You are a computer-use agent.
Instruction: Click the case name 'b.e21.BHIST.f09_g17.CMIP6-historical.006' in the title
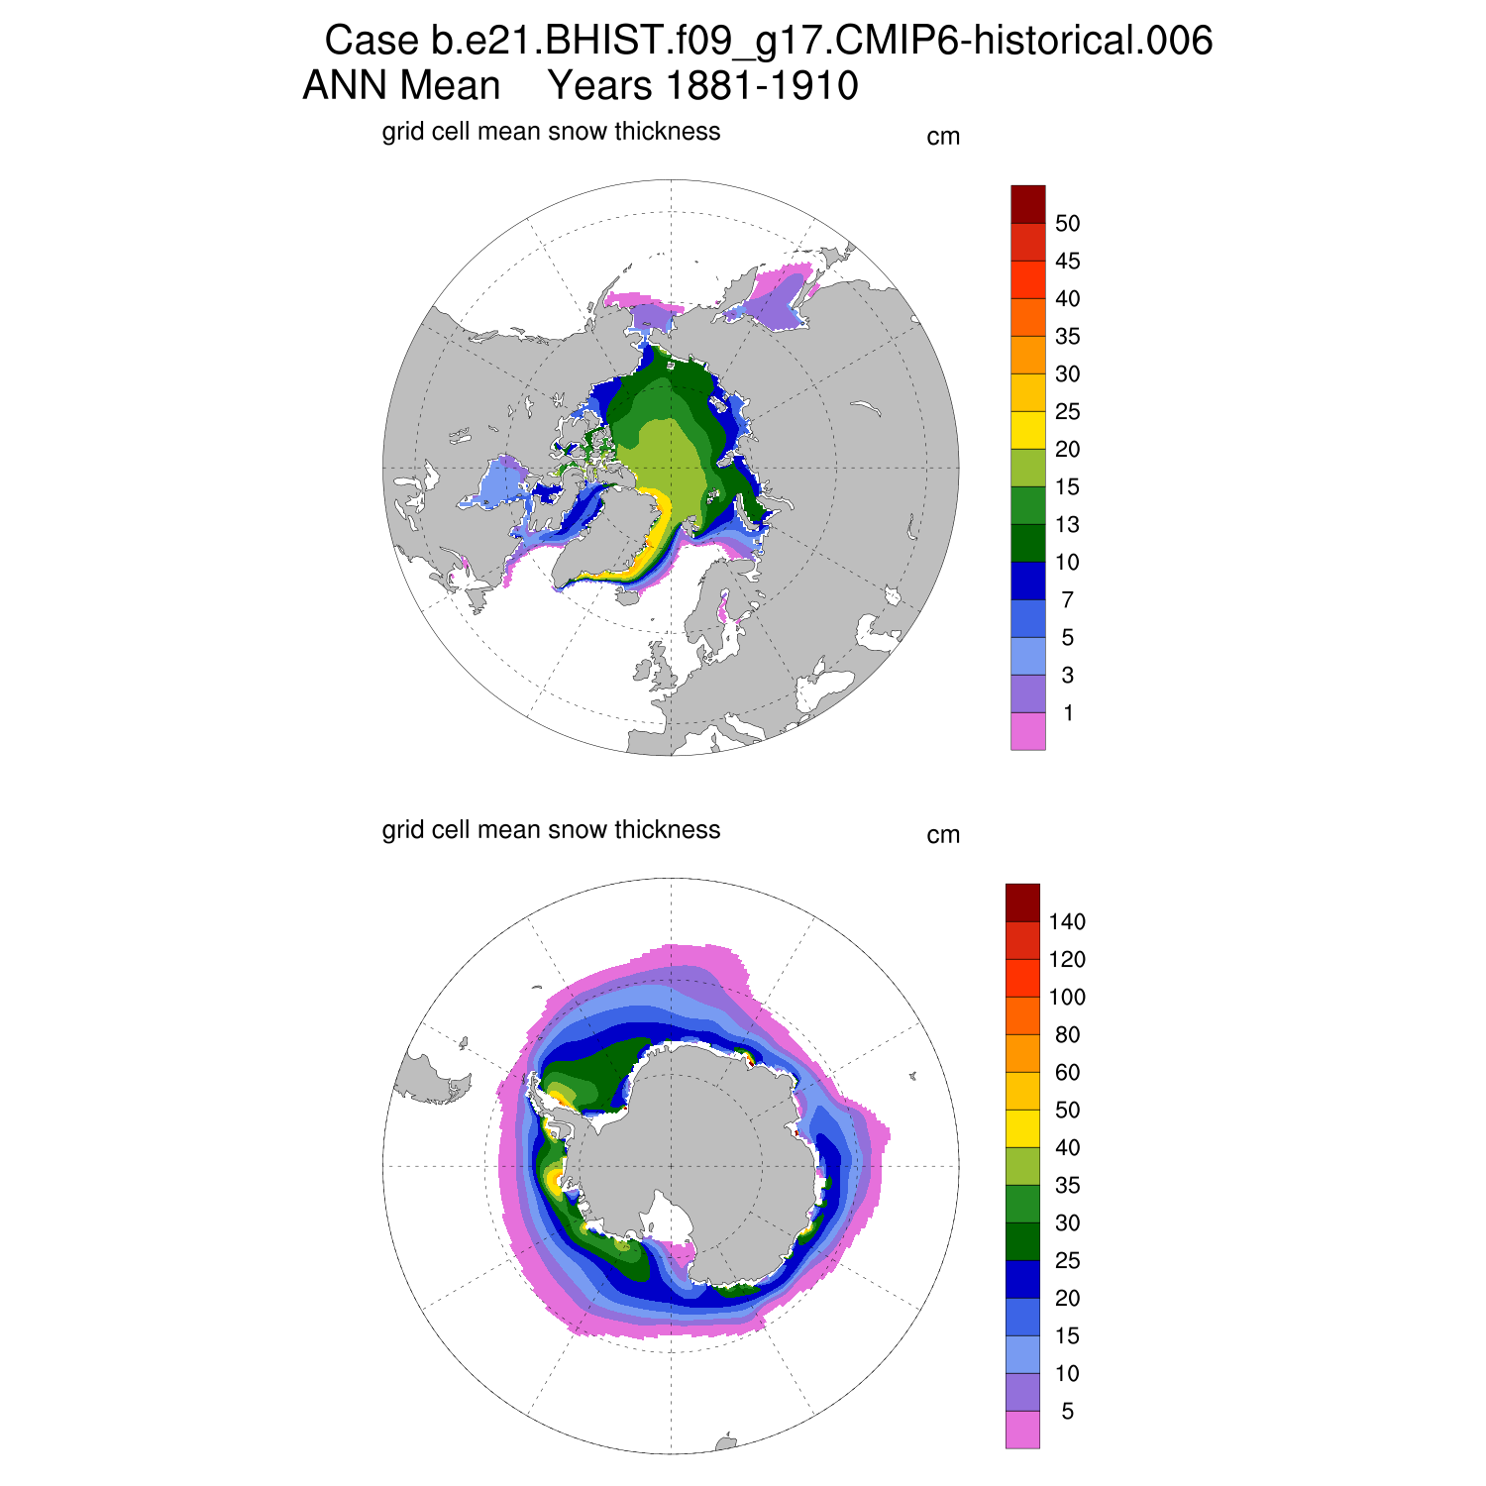(822, 42)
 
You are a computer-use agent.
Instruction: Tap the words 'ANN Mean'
(401, 86)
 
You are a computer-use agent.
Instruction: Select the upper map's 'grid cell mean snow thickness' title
(551, 132)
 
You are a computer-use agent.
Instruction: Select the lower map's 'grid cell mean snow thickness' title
(551, 830)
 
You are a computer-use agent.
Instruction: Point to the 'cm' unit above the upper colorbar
(943, 137)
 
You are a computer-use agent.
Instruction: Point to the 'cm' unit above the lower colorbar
(943, 835)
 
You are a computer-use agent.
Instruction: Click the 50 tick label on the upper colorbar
(1067, 224)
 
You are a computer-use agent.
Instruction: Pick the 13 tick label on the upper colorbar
(1067, 525)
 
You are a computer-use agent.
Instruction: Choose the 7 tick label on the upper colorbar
(1067, 600)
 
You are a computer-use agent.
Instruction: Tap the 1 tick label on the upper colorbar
(1067, 713)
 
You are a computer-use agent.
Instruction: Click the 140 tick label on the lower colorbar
(1067, 922)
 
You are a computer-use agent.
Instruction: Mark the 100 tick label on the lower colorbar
(1067, 998)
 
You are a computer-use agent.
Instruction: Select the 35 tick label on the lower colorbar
(1067, 1186)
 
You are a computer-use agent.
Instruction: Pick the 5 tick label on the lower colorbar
(1067, 1412)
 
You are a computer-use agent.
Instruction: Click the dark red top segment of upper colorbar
(1027, 204)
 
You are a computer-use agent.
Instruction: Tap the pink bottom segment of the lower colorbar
(1022, 1430)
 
